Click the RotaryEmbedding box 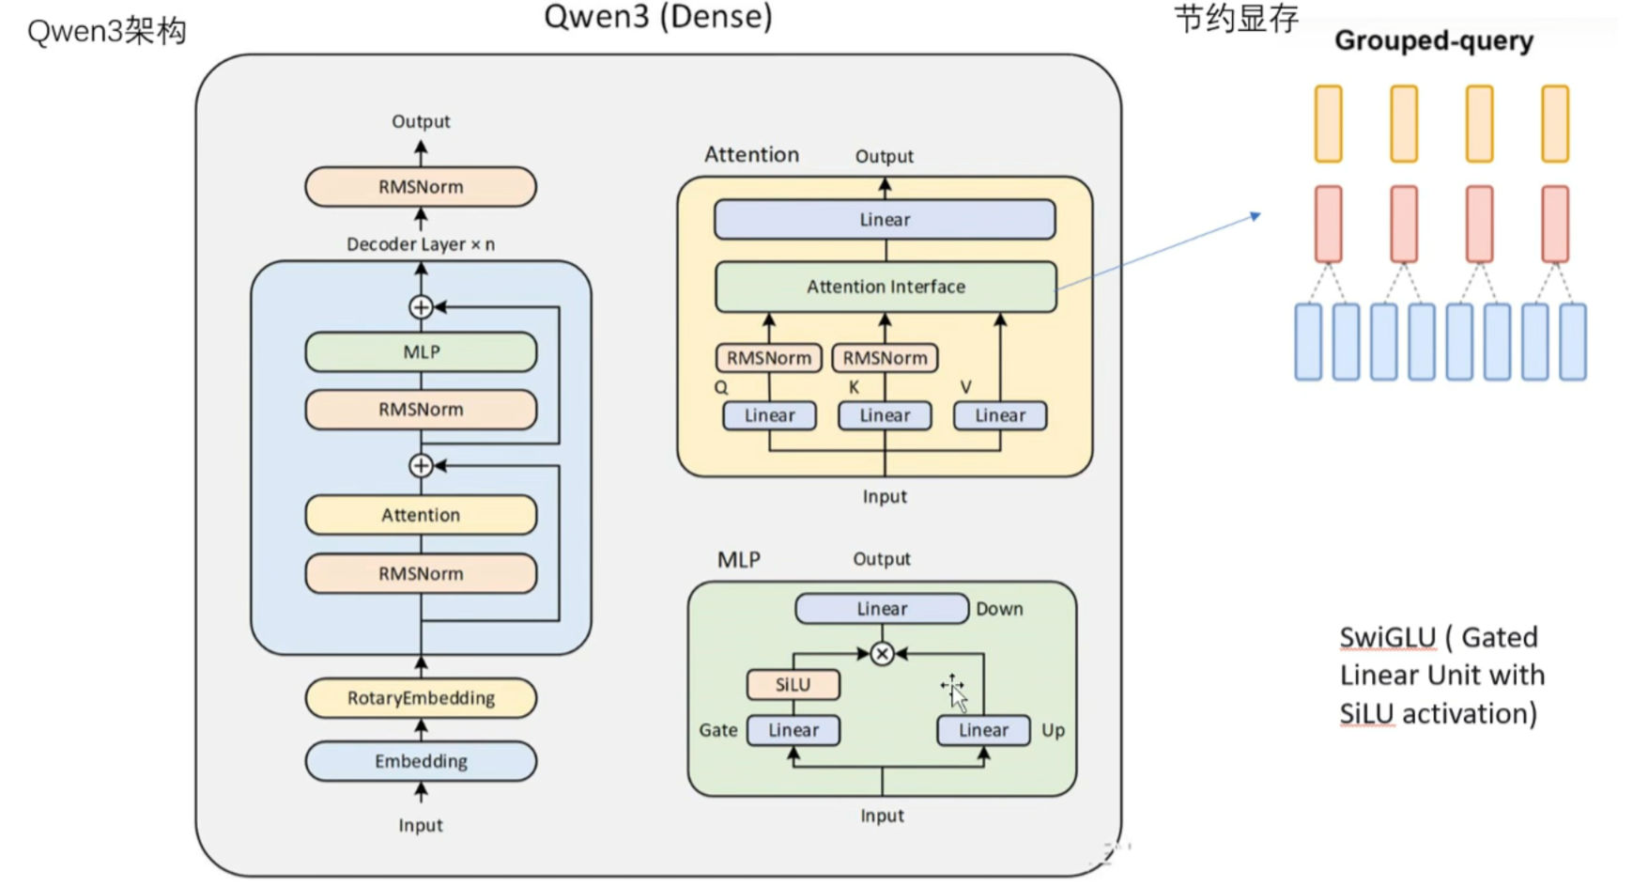(421, 698)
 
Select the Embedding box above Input (421, 761)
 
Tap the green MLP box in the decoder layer (421, 352)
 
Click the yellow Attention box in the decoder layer (421, 515)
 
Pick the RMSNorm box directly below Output (421, 187)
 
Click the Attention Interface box (886, 287)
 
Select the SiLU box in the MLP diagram (793, 685)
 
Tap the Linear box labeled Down (881, 609)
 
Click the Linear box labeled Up (983, 730)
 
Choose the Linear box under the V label (999, 415)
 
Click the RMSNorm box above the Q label (768, 358)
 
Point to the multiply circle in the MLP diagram (881, 654)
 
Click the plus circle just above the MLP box (421, 307)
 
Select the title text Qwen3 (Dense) (657, 17)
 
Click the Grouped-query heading (1433, 41)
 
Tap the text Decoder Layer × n (421, 244)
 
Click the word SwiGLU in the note (1387, 638)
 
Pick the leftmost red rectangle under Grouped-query (1328, 224)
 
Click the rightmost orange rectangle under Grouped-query (1554, 124)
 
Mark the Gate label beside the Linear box (717, 730)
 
